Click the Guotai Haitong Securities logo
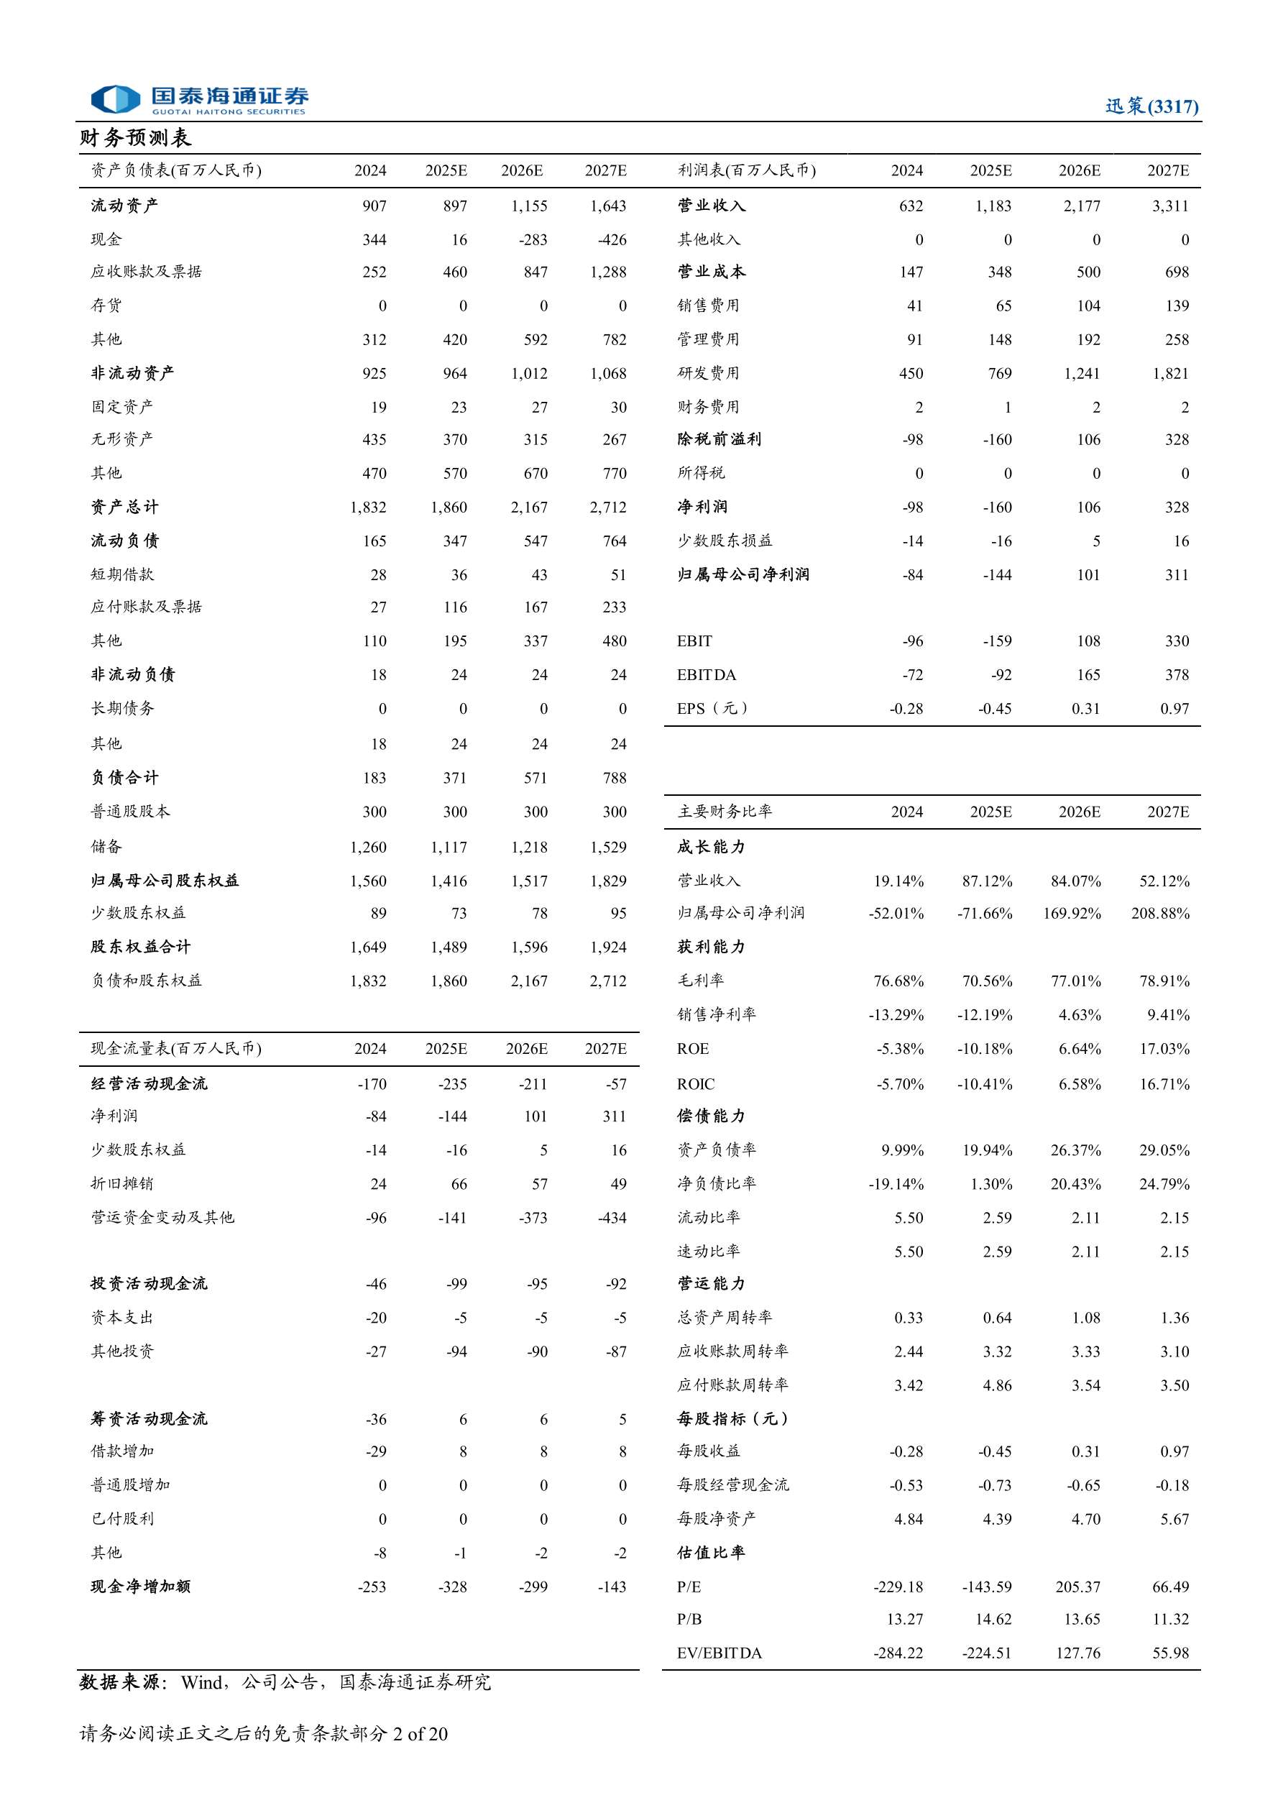198,100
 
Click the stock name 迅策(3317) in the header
1151,106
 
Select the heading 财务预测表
135,138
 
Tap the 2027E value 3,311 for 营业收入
1170,206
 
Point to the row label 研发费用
708,373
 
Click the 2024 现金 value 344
374,240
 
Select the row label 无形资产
122,439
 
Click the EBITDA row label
707,675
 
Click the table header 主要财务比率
725,812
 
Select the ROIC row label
696,1084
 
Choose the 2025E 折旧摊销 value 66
459,1184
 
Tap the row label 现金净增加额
140,1587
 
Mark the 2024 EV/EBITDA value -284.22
898,1653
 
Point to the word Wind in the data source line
201,1683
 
